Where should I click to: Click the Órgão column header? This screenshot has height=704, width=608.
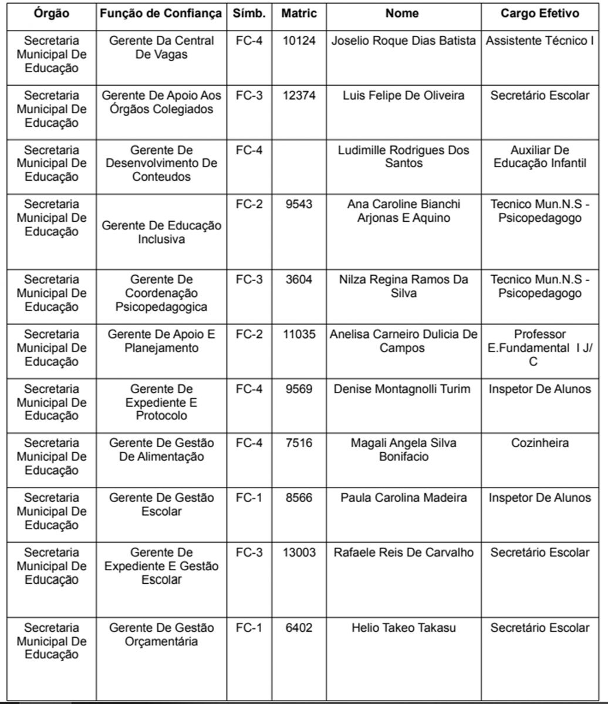pos(51,13)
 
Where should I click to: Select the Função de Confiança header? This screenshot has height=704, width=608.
pos(161,13)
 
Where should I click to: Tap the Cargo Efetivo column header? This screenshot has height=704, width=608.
pos(540,13)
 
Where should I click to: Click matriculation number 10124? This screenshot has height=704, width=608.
pos(299,41)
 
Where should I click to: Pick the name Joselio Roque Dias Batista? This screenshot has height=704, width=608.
pos(404,41)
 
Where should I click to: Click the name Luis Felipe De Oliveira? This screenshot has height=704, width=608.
pos(404,96)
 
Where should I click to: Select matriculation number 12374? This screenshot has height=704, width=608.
pos(299,96)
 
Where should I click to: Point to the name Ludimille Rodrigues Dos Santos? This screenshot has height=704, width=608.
pos(404,157)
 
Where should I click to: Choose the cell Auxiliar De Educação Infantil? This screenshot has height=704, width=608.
pos(540,157)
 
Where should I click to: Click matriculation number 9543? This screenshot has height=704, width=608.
pos(299,204)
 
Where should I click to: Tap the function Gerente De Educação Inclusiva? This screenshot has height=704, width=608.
pos(161,232)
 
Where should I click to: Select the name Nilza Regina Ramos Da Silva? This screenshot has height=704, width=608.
pos(404,286)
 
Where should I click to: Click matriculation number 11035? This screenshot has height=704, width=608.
pos(299,334)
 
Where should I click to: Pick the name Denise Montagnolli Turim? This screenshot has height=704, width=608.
pos(403,389)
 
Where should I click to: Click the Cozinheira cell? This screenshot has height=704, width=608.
pos(540,443)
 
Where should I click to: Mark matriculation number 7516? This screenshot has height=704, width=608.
pos(299,443)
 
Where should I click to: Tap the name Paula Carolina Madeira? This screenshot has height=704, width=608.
pos(404,498)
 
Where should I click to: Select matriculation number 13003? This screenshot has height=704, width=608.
pos(299,553)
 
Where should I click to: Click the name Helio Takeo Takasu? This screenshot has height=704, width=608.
pos(404,628)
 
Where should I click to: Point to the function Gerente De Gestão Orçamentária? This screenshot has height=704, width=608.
pos(161,634)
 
